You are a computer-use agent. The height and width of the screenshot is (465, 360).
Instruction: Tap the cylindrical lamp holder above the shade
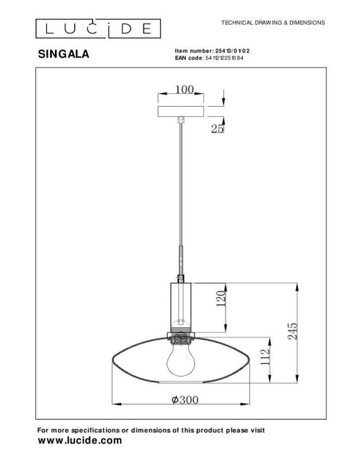[182, 302]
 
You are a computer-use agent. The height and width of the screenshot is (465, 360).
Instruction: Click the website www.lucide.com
[80, 440]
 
